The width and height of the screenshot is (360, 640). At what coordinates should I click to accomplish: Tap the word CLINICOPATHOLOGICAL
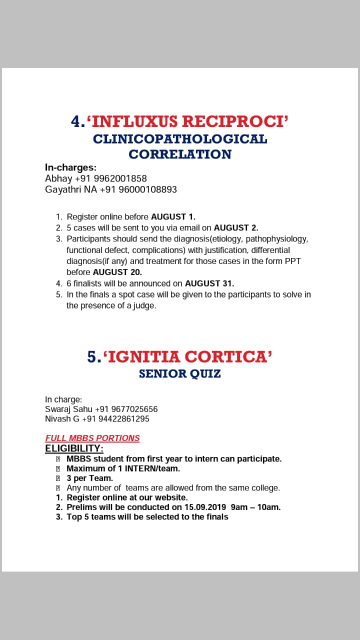pos(180,138)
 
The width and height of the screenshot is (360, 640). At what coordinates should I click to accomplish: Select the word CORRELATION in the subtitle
pos(180,154)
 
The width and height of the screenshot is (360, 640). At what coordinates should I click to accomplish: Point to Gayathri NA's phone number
pos(138,189)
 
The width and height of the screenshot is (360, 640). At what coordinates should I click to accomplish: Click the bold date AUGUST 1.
pos(173,216)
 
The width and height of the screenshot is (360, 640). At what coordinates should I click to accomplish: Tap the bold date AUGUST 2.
pos(236,227)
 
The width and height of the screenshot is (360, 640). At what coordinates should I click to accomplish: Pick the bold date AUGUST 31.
pos(209,283)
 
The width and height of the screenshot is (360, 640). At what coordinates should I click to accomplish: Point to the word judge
pos(145,305)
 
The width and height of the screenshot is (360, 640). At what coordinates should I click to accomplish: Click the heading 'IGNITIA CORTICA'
pos(187,356)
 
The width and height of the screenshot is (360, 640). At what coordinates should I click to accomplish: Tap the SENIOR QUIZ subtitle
pos(180,373)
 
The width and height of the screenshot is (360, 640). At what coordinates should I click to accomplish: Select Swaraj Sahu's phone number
pos(126,409)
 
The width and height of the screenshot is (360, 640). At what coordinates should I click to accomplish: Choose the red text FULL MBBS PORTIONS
pos(92,438)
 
